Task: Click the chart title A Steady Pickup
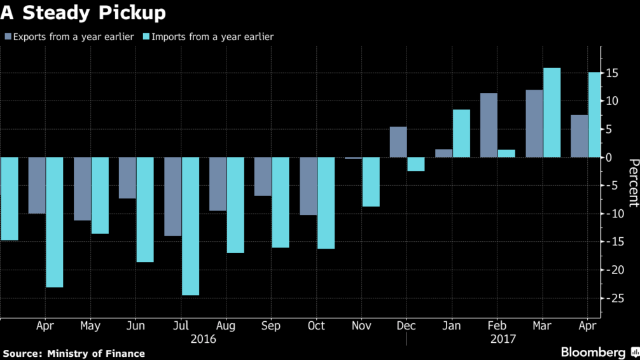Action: click(83, 13)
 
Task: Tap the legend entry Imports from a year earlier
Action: click(213, 37)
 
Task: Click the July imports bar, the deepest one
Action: click(190, 226)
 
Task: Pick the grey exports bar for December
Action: click(398, 142)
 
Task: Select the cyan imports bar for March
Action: click(552, 113)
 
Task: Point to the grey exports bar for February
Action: click(489, 125)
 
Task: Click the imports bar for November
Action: click(371, 182)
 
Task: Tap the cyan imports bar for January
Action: click(461, 134)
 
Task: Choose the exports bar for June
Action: click(127, 177)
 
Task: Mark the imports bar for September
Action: click(281, 202)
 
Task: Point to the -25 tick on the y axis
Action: click(612, 298)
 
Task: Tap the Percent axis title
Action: click(632, 183)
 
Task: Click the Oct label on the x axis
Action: click(316, 326)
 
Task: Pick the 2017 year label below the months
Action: click(503, 339)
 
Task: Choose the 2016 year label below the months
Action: click(204, 339)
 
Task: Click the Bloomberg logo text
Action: click(593, 352)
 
